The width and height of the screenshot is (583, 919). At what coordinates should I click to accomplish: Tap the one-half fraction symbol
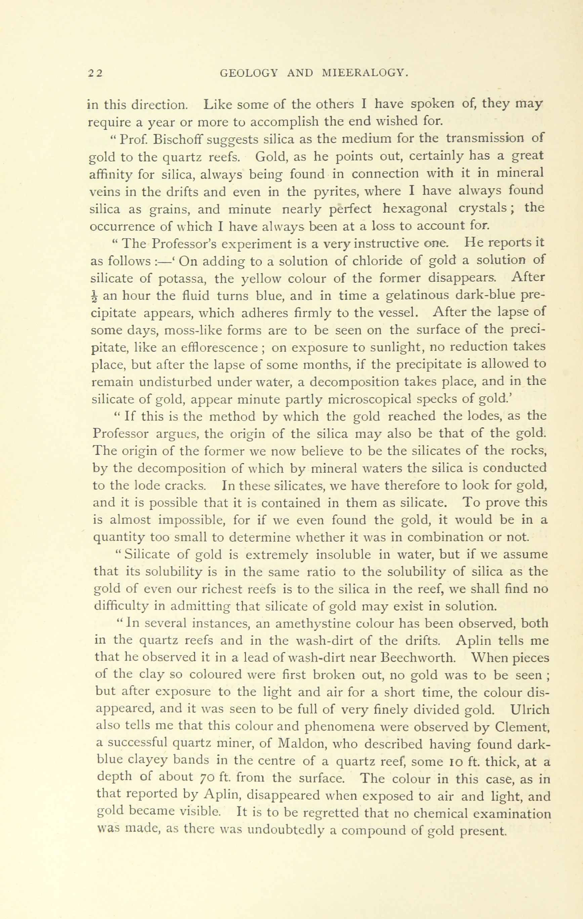(95, 296)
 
